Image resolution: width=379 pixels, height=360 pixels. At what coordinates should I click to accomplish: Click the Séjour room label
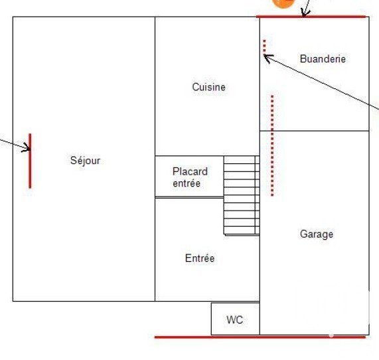pyautogui.click(x=85, y=161)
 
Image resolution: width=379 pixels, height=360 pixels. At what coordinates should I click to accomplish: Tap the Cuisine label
pyautogui.click(x=209, y=87)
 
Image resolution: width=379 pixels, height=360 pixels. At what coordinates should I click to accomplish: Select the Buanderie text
pyautogui.click(x=323, y=59)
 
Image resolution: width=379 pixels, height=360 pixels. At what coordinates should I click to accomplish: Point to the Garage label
pyautogui.click(x=317, y=234)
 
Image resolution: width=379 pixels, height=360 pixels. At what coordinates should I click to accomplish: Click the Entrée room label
pyautogui.click(x=200, y=258)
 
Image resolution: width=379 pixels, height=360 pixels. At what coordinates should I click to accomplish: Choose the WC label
pyautogui.click(x=235, y=320)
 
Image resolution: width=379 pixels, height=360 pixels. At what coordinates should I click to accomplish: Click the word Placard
pyautogui.click(x=190, y=171)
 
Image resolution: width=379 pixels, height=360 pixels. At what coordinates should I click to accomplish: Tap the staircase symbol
pyautogui.click(x=242, y=195)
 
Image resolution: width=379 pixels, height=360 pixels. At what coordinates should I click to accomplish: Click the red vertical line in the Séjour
pyautogui.click(x=30, y=161)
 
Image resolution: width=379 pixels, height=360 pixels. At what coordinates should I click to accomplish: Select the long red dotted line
pyautogui.click(x=272, y=145)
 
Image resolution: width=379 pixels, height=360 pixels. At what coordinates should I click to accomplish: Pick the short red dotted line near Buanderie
pyautogui.click(x=264, y=47)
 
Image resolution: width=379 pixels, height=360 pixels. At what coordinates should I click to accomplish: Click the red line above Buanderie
pyautogui.click(x=311, y=17)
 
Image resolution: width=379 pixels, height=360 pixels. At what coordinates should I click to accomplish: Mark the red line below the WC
pyautogui.click(x=260, y=337)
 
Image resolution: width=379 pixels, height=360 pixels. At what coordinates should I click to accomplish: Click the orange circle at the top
pyautogui.click(x=283, y=3)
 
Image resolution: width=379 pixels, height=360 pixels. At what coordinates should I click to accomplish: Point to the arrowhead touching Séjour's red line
pyautogui.click(x=27, y=147)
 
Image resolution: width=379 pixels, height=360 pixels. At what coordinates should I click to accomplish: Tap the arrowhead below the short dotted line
pyautogui.click(x=267, y=58)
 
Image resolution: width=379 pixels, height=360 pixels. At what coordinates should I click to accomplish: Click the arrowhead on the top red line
pyautogui.click(x=305, y=13)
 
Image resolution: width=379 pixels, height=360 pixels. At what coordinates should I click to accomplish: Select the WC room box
pyautogui.click(x=236, y=319)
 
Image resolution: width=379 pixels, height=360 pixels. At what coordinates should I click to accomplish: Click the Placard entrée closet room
pyautogui.click(x=189, y=177)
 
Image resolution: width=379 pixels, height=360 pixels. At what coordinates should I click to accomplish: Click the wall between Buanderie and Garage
pyautogui.click(x=315, y=131)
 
